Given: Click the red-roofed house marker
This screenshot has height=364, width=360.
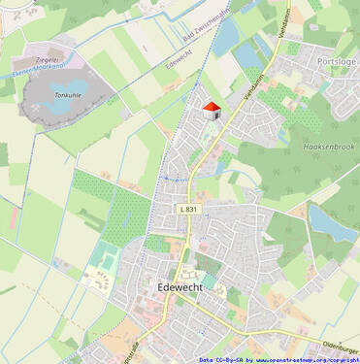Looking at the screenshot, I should click(212, 110).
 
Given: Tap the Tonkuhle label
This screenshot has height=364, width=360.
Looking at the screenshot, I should click(67, 96).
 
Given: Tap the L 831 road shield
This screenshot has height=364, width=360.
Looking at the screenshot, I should click(188, 209).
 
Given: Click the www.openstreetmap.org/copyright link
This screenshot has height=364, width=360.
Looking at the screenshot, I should click(308, 359).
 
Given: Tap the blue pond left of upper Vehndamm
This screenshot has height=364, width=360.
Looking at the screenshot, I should click(225, 37).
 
